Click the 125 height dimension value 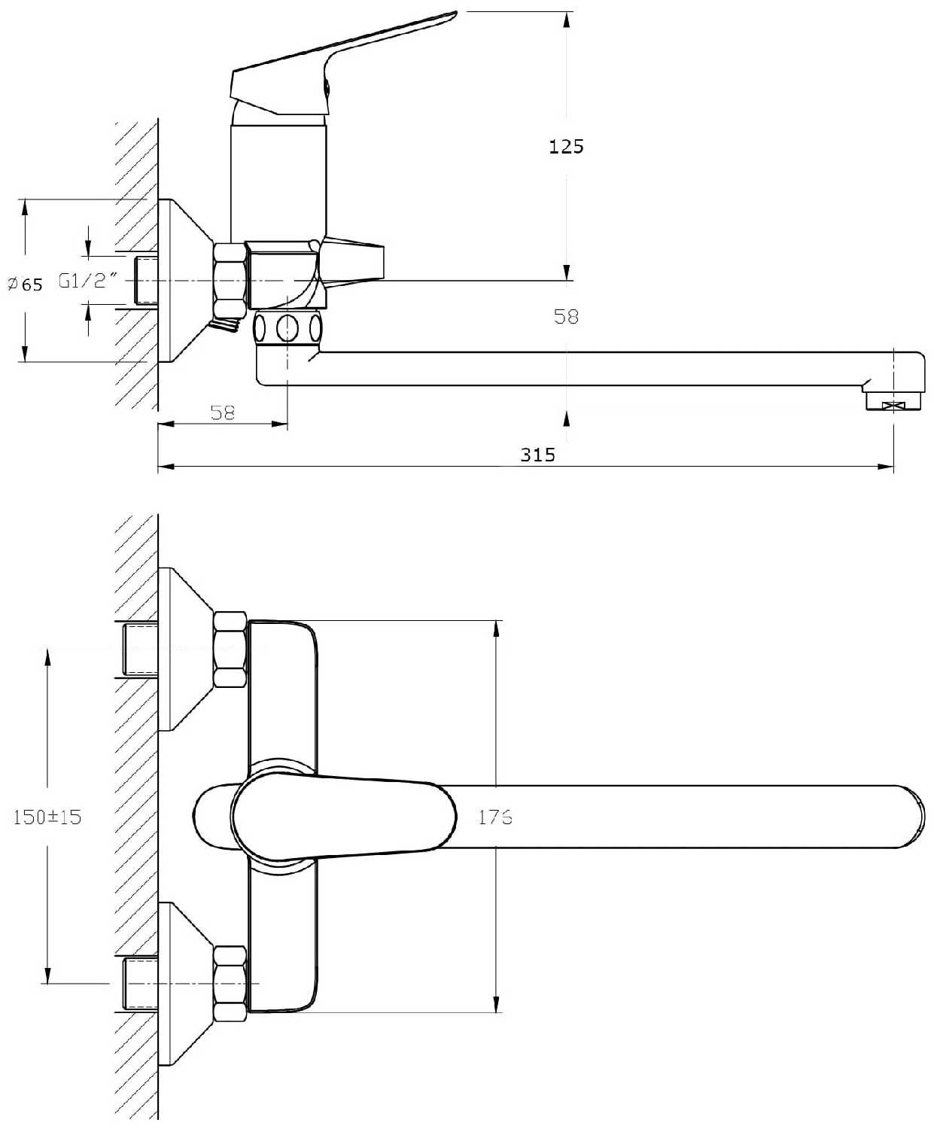coord(566,146)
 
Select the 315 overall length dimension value coord(537,455)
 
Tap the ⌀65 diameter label coord(26,284)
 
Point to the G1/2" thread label coord(89,281)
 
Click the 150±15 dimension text coord(47,817)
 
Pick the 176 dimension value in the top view coord(495,817)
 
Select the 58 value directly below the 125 coord(566,316)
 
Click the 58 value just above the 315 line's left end coord(223,412)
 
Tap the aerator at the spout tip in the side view coord(892,400)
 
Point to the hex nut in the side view coord(230,279)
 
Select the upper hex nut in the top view coord(230,650)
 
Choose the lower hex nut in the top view coord(230,984)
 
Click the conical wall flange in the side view coord(184,280)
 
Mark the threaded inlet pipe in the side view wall coord(147,281)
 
